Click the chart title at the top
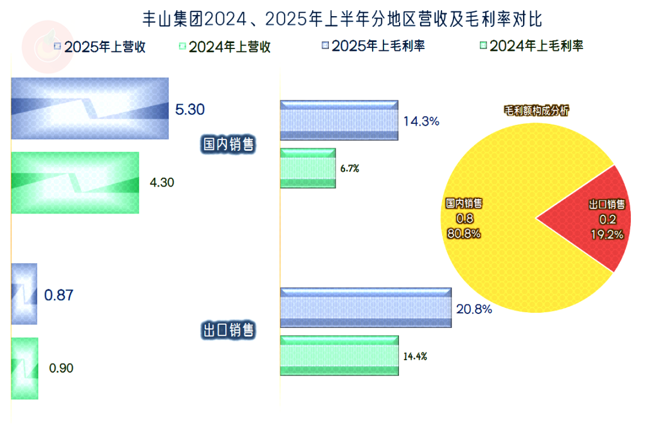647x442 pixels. (x=342, y=19)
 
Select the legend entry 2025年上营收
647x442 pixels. (x=100, y=47)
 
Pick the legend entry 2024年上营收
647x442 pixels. (x=225, y=47)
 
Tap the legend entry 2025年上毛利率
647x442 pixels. (x=373, y=45)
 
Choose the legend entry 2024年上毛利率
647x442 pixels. (x=531, y=45)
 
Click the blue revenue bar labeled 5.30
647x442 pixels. (x=90, y=108)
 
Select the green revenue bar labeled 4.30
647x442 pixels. (x=75, y=183)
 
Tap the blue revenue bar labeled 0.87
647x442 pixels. (x=24, y=294)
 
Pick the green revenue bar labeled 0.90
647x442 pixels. (x=25, y=368)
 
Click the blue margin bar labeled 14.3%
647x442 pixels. (x=339, y=120)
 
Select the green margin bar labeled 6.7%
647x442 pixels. (x=308, y=168)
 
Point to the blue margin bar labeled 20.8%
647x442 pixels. (x=365, y=307)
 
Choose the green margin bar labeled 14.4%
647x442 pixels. (x=340, y=355)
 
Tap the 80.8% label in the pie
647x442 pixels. (x=464, y=234)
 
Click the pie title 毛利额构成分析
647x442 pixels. (x=536, y=111)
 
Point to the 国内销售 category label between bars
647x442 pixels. (x=229, y=144)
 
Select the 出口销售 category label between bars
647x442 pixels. (x=229, y=330)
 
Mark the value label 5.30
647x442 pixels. (x=190, y=109)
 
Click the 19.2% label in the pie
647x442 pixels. (x=607, y=235)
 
